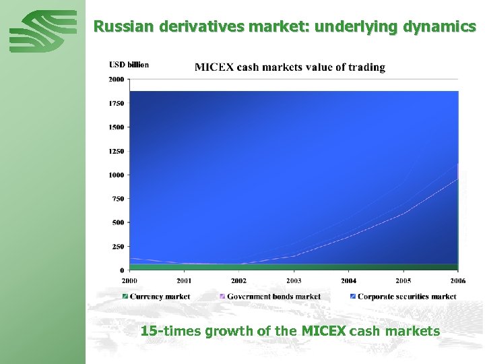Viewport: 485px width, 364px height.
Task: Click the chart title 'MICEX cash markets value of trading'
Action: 290,67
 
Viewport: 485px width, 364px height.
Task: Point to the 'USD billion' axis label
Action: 129,65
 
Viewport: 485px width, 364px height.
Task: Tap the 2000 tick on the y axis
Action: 117,79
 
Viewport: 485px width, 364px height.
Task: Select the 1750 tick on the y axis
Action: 117,103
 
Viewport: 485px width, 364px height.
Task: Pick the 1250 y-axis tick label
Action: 117,151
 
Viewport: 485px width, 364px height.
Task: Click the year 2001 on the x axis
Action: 184,280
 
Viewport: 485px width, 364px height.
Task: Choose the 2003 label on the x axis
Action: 294,280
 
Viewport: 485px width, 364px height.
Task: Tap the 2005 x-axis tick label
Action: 403,280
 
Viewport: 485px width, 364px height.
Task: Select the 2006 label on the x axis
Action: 458,280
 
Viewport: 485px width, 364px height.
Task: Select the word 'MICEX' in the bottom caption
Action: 323,331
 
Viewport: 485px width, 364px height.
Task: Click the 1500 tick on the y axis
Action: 117,127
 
